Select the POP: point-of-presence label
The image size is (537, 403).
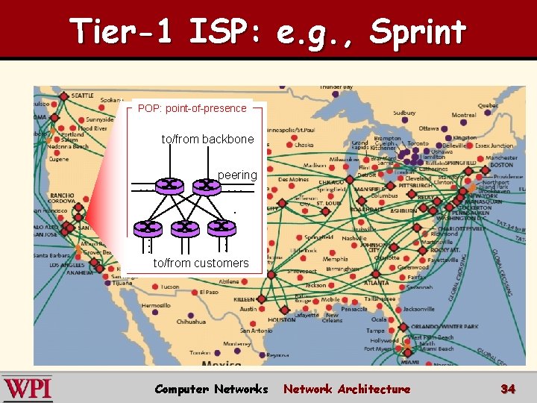192,108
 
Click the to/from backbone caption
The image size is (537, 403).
207,140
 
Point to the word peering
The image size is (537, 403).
237,175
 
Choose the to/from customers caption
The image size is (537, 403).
201,263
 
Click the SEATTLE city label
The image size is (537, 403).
82,96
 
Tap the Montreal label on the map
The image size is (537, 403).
464,115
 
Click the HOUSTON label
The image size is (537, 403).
282,319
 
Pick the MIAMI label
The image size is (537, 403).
409,362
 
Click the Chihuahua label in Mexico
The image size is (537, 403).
191,322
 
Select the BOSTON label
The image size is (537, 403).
501,165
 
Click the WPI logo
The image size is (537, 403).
28,389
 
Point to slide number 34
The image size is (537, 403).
508,389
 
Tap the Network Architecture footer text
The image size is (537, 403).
347,389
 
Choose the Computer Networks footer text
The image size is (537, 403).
211,389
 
